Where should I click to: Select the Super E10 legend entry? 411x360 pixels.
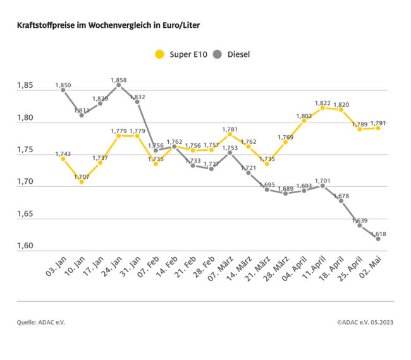pyautogui.click(x=181, y=54)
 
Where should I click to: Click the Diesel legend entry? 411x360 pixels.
pyautogui.click(x=231, y=54)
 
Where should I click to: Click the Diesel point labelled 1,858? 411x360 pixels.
pyautogui.click(x=118, y=85)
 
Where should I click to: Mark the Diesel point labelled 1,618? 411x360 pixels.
pyautogui.click(x=378, y=239)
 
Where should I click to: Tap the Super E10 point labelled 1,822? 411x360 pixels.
pyautogui.click(x=322, y=108)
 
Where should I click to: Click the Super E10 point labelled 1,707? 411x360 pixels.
pyautogui.click(x=82, y=182)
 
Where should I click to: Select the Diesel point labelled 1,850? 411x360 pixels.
pyautogui.click(x=63, y=90)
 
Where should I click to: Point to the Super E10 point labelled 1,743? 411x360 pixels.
pyautogui.click(x=63, y=159)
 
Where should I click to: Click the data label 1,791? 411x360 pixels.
pyautogui.click(x=378, y=123)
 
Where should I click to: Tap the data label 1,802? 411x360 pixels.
pyautogui.click(x=304, y=116)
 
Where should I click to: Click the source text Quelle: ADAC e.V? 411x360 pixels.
pyautogui.click(x=41, y=322)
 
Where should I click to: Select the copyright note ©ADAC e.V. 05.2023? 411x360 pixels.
pyautogui.click(x=365, y=322)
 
